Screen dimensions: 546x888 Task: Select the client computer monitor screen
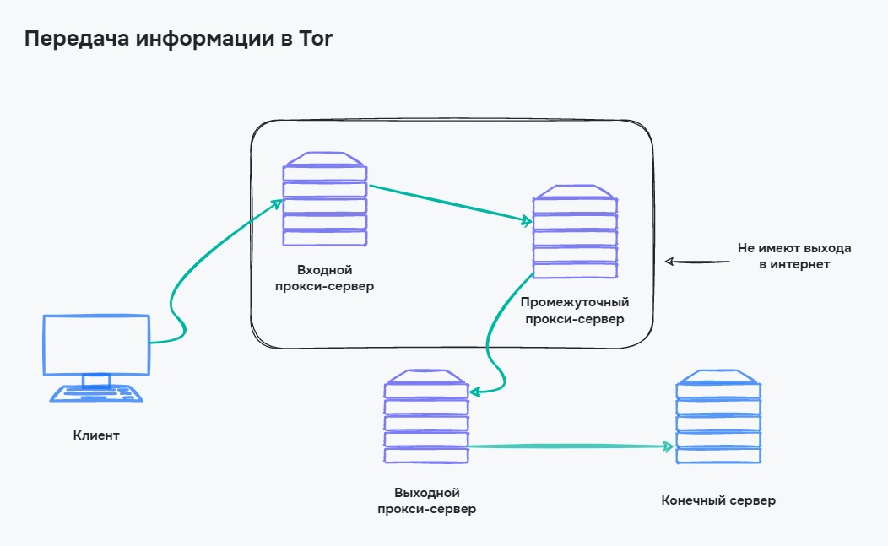click(x=96, y=344)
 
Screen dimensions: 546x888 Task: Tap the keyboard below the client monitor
click(x=95, y=393)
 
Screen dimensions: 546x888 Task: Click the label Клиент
click(x=96, y=436)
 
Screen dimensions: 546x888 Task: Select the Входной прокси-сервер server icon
click(x=325, y=201)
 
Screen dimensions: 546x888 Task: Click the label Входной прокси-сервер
click(x=325, y=278)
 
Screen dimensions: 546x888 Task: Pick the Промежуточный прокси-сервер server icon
click(x=575, y=233)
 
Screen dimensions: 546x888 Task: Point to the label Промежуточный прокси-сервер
click(x=575, y=311)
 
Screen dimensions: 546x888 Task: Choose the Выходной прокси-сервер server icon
click(x=426, y=417)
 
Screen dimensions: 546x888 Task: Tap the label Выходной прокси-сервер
click(x=426, y=500)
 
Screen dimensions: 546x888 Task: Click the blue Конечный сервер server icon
click(x=718, y=417)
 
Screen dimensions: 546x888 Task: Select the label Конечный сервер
click(x=718, y=500)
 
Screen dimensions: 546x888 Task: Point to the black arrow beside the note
click(x=696, y=262)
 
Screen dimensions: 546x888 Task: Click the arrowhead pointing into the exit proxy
click(x=474, y=391)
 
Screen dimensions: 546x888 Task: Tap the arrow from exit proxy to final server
click(x=570, y=446)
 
